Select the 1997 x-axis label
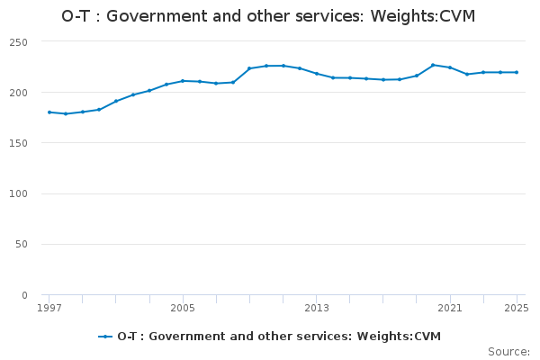[x=49, y=308]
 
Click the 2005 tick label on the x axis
[x=183, y=308]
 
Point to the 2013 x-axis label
[x=317, y=308]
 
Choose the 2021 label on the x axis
[x=450, y=308]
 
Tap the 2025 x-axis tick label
[x=517, y=308]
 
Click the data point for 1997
[x=49, y=112]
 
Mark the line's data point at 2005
[x=183, y=81]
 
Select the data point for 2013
[x=317, y=74]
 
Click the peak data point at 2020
[x=433, y=65]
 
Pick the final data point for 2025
[x=517, y=72]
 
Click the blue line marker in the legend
[x=106, y=337]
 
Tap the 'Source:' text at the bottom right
[x=508, y=351]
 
